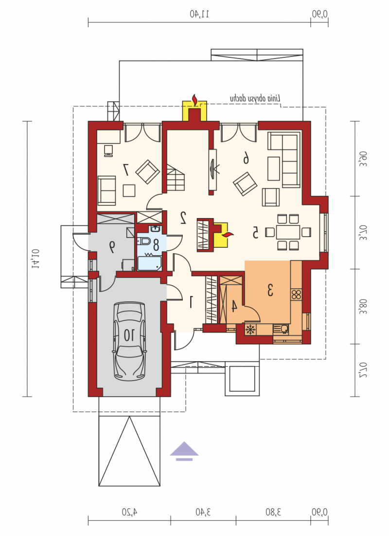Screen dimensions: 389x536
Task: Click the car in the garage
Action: (x=129, y=341)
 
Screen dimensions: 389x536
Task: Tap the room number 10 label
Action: (x=129, y=335)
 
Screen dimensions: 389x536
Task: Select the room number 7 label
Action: (x=126, y=169)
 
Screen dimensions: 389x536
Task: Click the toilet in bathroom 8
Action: (x=145, y=241)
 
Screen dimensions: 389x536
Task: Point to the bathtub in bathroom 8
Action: (x=149, y=263)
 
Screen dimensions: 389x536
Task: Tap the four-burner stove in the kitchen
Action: (x=296, y=294)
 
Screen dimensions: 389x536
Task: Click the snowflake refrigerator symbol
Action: (x=251, y=329)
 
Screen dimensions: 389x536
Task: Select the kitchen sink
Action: (x=282, y=329)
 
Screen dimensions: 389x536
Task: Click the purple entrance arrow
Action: (x=184, y=449)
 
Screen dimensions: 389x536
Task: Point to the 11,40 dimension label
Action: (x=199, y=14)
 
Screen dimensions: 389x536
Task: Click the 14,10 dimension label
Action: (x=36, y=259)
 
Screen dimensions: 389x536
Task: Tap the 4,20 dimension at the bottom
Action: (x=129, y=512)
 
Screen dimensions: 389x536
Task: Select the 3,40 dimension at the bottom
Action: (x=203, y=512)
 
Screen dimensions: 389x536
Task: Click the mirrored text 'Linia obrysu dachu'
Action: (x=255, y=98)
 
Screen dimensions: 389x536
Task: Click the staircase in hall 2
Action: (x=176, y=177)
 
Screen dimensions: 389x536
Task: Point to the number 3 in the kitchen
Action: (x=270, y=290)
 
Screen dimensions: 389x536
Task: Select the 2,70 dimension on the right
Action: (x=364, y=370)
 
